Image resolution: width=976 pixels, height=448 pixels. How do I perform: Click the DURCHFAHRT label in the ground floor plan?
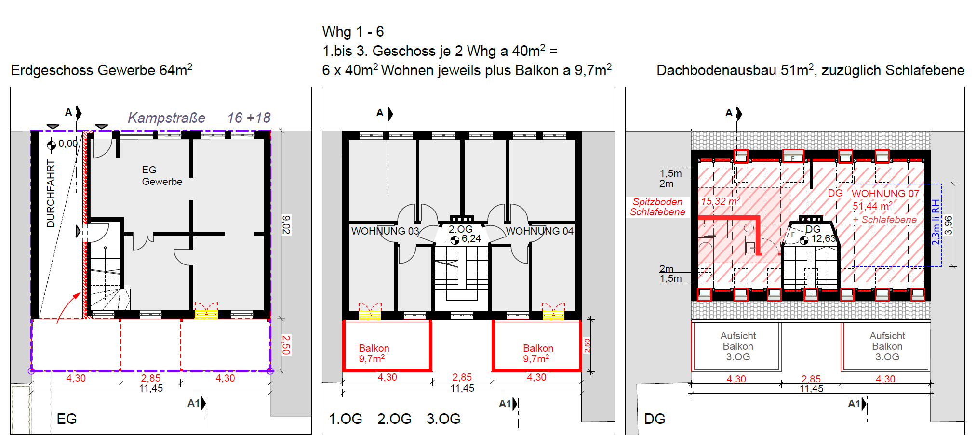[x=51, y=193]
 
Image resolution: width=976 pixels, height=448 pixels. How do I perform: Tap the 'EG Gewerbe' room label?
[x=161, y=176]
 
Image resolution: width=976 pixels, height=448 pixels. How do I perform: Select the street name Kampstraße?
[x=166, y=118]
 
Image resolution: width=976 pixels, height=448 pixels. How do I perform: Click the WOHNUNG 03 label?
[x=385, y=231]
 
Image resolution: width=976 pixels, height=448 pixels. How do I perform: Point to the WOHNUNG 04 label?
[x=539, y=231]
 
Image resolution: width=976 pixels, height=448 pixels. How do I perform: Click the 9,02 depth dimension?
[x=286, y=224]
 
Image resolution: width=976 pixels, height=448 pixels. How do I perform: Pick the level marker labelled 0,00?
[x=67, y=144]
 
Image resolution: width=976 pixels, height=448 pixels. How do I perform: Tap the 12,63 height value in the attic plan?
[x=823, y=238]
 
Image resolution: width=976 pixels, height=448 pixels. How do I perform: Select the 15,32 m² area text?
[x=721, y=201]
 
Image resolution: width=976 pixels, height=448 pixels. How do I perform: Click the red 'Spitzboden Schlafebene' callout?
[x=657, y=207]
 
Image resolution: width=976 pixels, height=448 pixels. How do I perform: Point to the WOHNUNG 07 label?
[x=885, y=194]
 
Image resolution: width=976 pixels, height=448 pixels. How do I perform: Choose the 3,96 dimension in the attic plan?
[x=949, y=225]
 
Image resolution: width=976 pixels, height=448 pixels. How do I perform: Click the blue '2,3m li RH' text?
[x=936, y=222]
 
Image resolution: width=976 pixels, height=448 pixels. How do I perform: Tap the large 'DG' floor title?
[x=655, y=419]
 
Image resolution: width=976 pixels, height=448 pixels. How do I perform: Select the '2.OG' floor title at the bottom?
[x=394, y=419]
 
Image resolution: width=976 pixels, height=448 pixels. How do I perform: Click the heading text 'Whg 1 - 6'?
[x=353, y=32]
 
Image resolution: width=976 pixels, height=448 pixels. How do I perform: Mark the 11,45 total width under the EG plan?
[x=151, y=388]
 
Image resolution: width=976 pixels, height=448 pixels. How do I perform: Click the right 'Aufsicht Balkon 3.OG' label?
[x=887, y=346]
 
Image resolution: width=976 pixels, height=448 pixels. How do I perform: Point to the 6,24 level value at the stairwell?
[x=471, y=238]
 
